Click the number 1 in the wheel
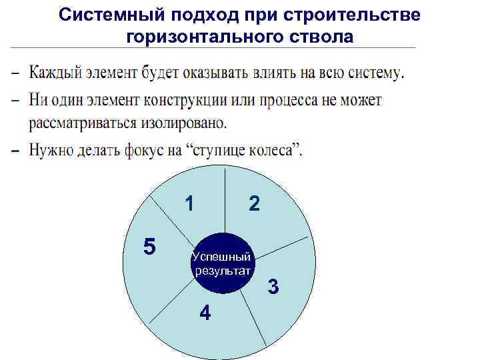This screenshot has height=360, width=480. click(190, 203)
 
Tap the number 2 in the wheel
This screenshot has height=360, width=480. click(254, 204)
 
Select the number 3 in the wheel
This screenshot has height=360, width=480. click(273, 288)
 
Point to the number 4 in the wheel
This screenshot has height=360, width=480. click(205, 312)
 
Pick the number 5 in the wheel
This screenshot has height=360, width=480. click(150, 247)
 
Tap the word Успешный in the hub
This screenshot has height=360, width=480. click(221, 257)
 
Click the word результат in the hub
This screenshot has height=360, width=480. click(222, 270)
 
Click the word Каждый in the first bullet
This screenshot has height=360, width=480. click(55, 73)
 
